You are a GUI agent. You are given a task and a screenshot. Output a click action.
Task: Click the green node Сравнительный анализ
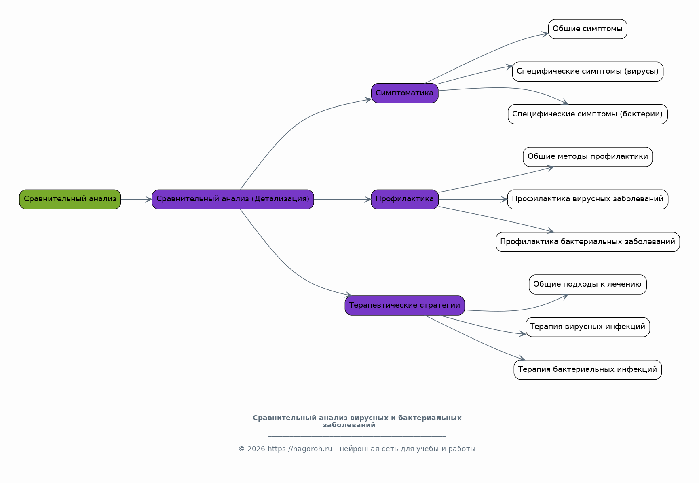coord(70,199)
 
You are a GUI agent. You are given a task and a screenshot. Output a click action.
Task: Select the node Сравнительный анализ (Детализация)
coord(233,199)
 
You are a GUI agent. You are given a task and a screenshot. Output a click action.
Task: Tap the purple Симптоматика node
coord(405,93)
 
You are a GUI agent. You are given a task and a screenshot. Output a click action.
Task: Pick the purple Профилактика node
coord(405,199)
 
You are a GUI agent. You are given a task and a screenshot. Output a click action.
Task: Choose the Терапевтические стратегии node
coord(405,306)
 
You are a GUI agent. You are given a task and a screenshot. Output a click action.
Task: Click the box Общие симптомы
coord(588,29)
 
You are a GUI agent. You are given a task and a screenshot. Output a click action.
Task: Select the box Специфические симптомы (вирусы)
coord(588,72)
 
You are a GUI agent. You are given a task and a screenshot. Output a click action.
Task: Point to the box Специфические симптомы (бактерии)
coord(588,114)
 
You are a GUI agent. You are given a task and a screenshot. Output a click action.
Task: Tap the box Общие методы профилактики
coord(588,157)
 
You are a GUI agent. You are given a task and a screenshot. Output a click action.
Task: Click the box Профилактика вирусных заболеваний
coord(588,199)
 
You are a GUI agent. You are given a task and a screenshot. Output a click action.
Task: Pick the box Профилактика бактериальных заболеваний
coord(588,242)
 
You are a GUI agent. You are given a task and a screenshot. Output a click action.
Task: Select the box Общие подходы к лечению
coord(588,285)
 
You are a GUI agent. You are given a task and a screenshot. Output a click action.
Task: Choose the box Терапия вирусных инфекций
coord(588,327)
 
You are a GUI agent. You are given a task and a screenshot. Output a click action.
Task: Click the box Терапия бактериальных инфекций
coord(588,370)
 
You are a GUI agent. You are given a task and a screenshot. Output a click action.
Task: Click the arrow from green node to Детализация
coord(136,199)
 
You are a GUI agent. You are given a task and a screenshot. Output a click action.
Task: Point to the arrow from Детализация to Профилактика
coord(342,199)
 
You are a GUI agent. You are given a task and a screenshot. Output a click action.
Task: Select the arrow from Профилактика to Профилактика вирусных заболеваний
coord(473,199)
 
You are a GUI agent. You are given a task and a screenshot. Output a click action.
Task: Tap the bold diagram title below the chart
coord(357,421)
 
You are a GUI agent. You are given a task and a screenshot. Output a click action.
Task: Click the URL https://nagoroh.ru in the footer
coord(300,449)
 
